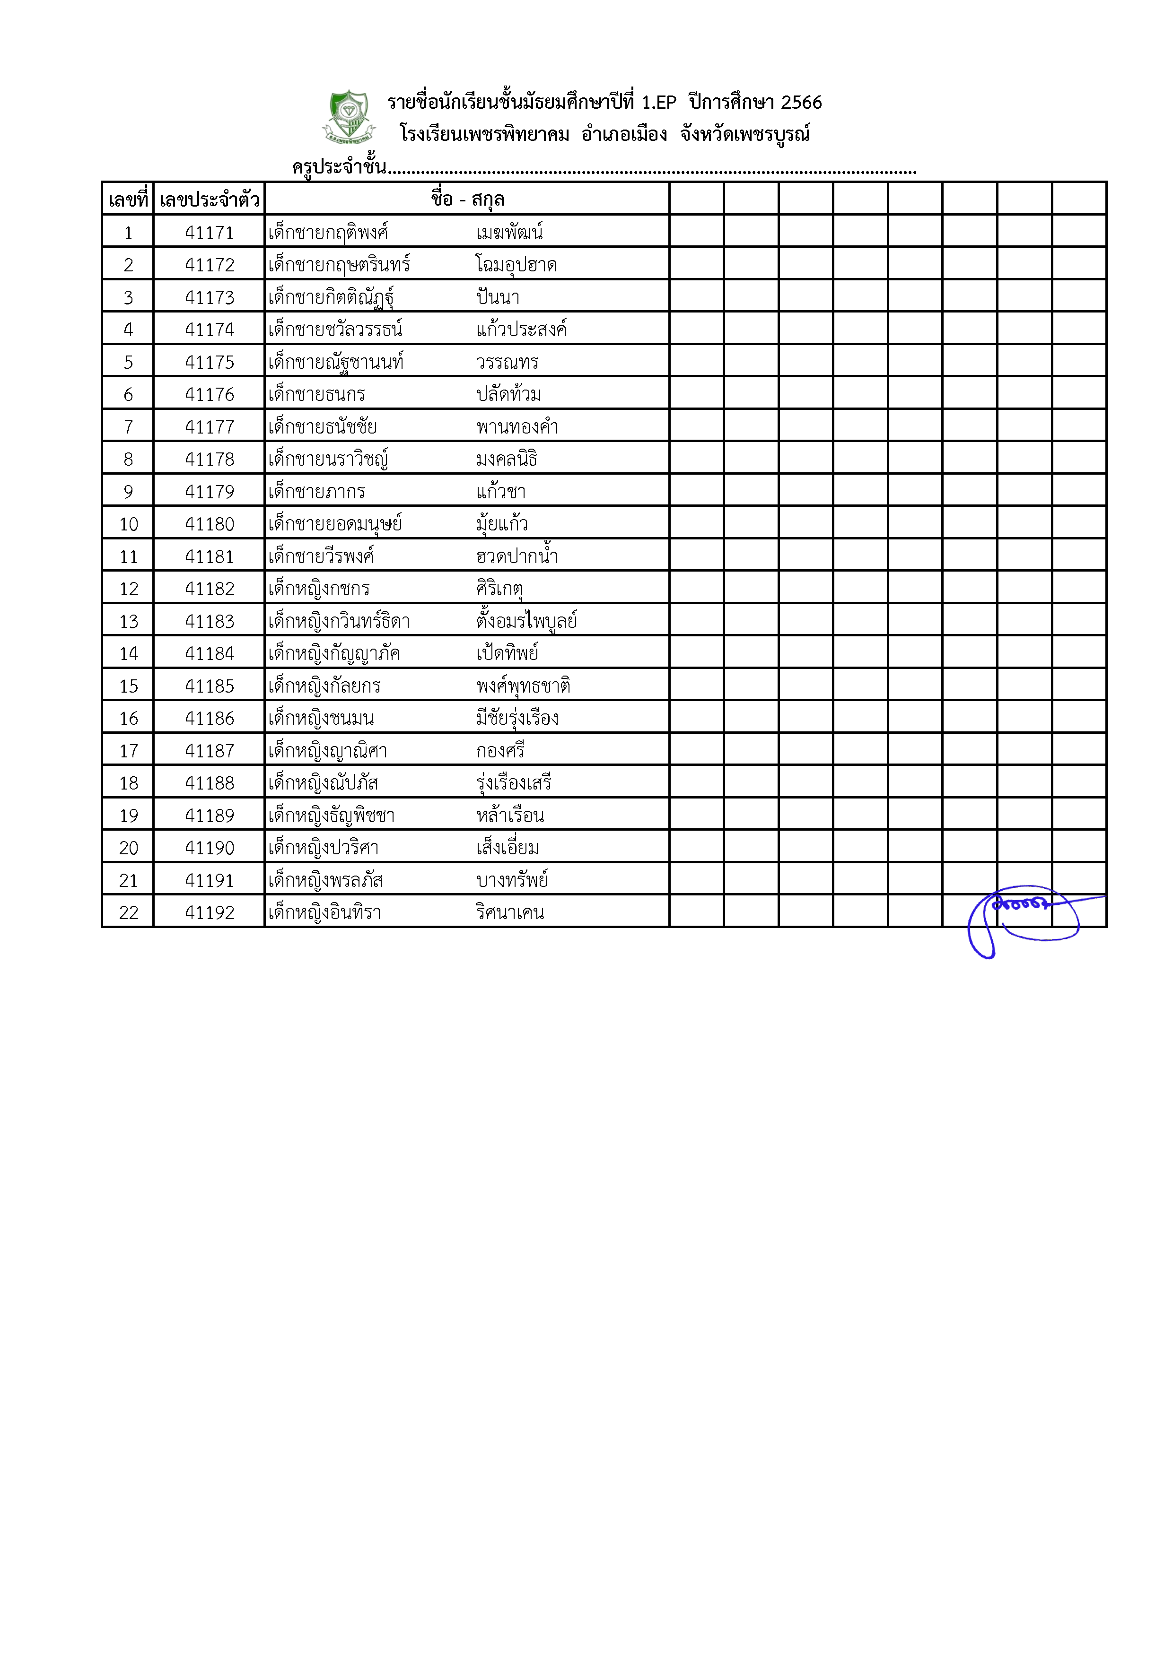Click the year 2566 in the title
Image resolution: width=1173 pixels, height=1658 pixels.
pos(801,103)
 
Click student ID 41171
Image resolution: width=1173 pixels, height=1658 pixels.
pos(210,233)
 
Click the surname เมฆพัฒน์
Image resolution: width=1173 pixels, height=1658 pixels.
pos(509,233)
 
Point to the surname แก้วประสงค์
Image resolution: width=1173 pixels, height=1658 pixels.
pos(521,330)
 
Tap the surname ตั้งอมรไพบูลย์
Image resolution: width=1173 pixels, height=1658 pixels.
pos(526,622)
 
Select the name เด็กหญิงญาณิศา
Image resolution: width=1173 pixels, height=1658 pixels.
pos(327,751)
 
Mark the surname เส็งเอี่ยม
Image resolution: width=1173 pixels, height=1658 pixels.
pos(507,848)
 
